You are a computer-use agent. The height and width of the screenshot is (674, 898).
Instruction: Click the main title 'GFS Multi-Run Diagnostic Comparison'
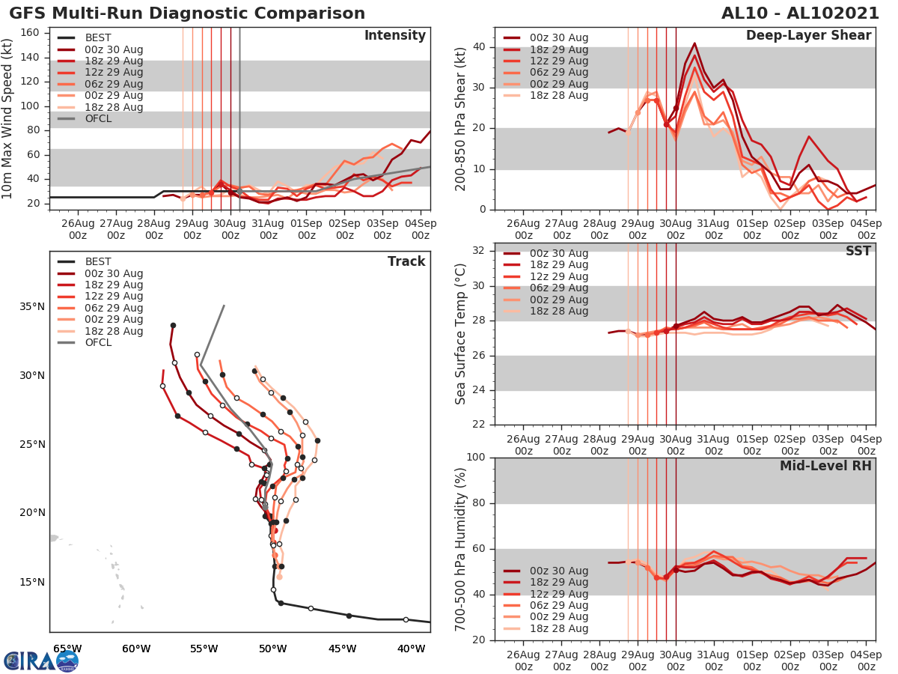coord(187,13)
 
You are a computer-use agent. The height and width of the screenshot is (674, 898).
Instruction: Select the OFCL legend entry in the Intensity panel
coord(97,118)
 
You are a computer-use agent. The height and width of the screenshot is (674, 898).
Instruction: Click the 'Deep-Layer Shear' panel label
coord(808,36)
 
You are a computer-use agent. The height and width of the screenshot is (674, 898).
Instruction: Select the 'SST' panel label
coord(859,252)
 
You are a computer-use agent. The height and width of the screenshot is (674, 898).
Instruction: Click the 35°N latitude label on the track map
coord(32,306)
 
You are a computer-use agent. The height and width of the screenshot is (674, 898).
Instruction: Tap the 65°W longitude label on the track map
coord(67,649)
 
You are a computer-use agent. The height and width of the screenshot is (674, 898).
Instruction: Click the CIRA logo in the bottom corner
coord(40,661)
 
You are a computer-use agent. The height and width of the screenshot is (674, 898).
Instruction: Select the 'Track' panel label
coord(406,261)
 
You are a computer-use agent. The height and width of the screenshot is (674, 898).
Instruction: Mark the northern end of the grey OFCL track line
coord(224,306)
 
